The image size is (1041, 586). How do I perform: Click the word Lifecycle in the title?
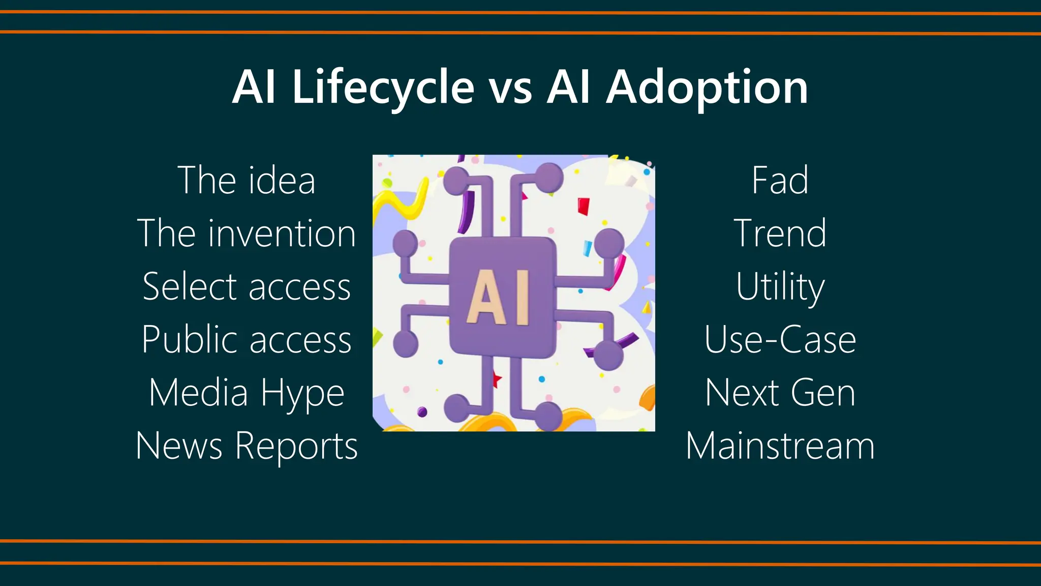click(x=383, y=87)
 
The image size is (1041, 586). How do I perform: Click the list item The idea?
click(x=247, y=181)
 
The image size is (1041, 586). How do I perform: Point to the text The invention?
click(x=247, y=233)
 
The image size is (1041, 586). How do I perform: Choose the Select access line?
click(x=247, y=287)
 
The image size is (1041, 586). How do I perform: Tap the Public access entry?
click(x=247, y=340)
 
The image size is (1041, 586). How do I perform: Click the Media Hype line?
click(x=247, y=393)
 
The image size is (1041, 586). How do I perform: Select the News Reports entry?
click(x=247, y=446)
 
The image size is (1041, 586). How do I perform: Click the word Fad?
click(x=780, y=181)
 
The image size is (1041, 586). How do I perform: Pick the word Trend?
click(x=780, y=233)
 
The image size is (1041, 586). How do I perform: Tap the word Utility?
click(x=780, y=287)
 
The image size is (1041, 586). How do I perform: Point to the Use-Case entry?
click(x=780, y=340)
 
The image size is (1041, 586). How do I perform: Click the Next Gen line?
click(x=780, y=393)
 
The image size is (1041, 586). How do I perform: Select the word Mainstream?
click(x=780, y=446)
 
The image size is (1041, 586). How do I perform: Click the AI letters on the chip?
click(x=499, y=298)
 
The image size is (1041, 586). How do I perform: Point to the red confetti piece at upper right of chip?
click(x=584, y=206)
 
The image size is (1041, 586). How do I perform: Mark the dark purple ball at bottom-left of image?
click(x=422, y=412)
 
